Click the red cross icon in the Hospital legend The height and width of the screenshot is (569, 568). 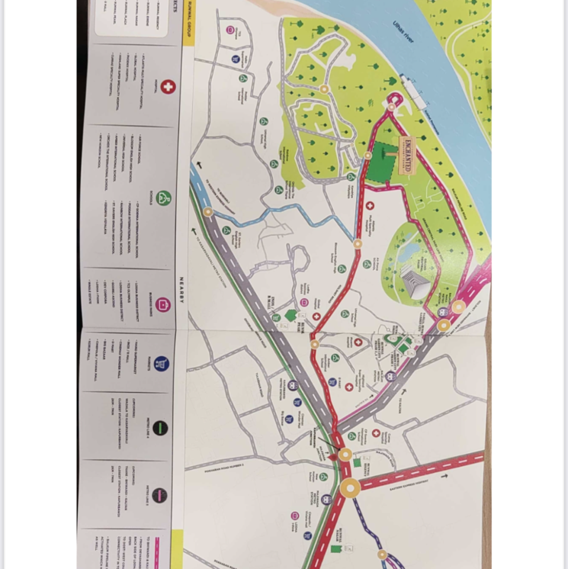168,86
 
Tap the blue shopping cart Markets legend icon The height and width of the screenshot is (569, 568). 161,364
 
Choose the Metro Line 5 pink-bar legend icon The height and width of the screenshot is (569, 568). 159,495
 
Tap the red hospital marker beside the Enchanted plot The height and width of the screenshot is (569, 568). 370,206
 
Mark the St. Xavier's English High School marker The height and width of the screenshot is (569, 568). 226,230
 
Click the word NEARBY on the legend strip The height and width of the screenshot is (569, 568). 182,289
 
